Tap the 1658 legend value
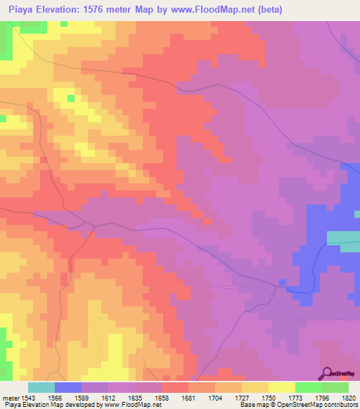point(161,397)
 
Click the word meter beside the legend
point(11,397)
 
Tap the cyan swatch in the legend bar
point(41,387)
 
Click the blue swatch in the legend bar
point(68,387)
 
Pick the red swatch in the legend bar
point(175,387)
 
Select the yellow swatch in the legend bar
point(282,387)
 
